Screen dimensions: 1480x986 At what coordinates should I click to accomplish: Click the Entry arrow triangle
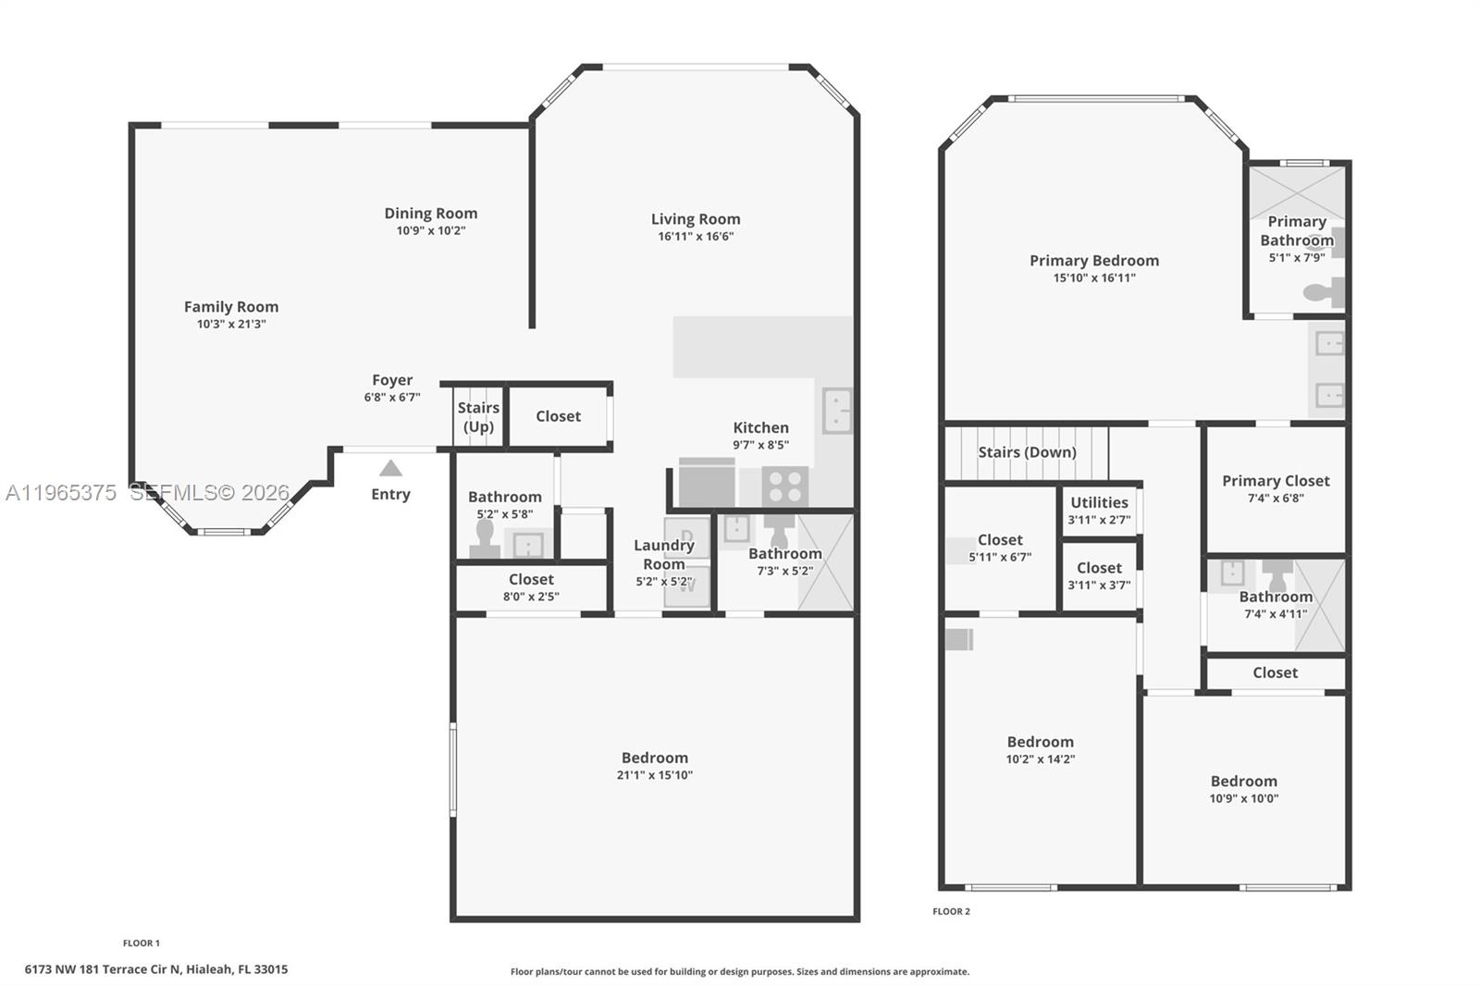pos(390,468)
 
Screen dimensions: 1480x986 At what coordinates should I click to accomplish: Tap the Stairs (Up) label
pos(478,417)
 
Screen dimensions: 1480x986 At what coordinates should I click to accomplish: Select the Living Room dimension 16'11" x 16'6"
pos(696,237)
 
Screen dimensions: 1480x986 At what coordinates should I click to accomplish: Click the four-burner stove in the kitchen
pos(785,487)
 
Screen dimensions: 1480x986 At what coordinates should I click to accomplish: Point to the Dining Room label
pos(431,213)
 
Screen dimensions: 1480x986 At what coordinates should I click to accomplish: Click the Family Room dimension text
pos(231,324)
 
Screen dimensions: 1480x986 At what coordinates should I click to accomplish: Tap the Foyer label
pos(392,380)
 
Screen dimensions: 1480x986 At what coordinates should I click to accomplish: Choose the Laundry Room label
pos(664,554)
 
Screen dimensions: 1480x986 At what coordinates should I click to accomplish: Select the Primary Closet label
pos(1276,480)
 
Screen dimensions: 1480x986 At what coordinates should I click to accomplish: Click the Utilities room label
pos(1100,502)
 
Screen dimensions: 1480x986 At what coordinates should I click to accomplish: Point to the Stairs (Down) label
pos(1028,452)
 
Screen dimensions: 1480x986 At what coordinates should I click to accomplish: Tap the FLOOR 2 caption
pos(952,911)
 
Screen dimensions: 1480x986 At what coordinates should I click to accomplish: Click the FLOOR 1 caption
pos(142,943)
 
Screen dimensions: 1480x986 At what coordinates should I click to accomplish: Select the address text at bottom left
pos(156,969)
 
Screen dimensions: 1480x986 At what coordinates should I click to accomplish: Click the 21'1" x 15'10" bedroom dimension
pos(655,775)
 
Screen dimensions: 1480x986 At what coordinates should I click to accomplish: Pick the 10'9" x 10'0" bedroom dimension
pos(1244,798)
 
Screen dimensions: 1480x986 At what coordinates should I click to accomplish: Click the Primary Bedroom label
pos(1094,261)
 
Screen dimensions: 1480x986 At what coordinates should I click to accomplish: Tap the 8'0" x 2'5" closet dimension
pos(531,597)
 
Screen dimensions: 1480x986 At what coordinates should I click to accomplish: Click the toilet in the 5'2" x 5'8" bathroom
pos(485,538)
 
